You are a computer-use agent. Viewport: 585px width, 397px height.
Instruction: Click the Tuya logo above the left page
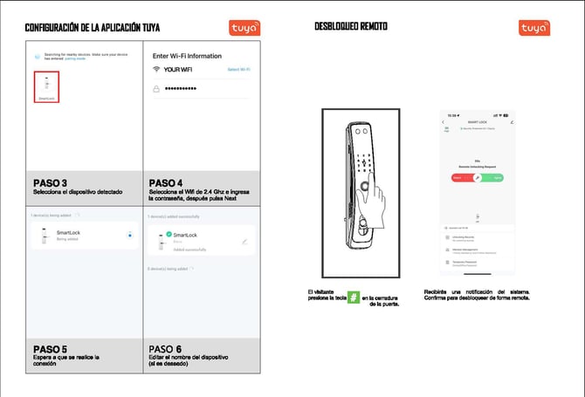244,28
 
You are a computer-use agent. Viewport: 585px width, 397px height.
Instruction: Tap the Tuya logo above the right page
534,28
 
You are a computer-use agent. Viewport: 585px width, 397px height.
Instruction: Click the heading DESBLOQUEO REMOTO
351,27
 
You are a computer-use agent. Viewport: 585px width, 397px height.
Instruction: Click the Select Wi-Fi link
238,68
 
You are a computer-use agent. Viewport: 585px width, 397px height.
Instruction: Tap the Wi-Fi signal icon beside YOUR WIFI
156,68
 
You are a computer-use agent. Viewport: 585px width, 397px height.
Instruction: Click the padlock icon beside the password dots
156,89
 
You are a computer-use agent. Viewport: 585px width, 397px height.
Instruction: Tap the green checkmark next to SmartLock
168,234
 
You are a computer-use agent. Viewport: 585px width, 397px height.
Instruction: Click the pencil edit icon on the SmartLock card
245,241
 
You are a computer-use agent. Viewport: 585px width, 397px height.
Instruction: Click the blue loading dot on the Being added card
129,235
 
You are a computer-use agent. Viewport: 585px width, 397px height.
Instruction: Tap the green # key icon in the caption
354,298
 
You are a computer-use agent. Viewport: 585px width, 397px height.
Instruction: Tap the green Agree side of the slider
493,177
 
